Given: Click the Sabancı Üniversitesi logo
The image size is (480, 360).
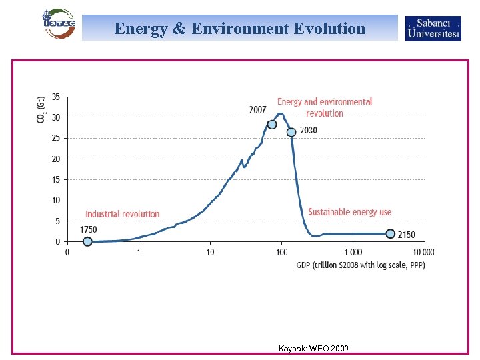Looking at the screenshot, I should [x=433, y=29].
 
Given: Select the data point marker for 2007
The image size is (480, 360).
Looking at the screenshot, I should [x=272, y=124].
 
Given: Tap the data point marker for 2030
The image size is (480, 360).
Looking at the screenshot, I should [x=291, y=132].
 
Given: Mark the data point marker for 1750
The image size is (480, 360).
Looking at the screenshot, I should [x=87, y=241].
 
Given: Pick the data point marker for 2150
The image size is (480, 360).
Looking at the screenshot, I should [x=390, y=234].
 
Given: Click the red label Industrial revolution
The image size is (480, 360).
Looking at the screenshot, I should [x=123, y=214].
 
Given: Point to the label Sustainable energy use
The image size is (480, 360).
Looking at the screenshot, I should [x=349, y=212].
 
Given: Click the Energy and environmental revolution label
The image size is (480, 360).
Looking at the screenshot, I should [x=325, y=107].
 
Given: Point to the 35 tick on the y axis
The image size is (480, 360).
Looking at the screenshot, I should [x=56, y=97].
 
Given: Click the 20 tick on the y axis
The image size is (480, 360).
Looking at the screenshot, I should [x=56, y=159].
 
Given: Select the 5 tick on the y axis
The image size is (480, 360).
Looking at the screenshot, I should [x=57, y=221].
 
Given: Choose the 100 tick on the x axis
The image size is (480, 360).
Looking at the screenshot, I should [x=281, y=253].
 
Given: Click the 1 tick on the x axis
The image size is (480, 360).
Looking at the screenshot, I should [x=139, y=253].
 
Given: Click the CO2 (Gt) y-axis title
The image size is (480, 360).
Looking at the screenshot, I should [x=41, y=109].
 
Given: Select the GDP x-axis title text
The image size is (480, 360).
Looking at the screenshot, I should [x=361, y=265].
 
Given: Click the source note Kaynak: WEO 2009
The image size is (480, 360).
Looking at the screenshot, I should [x=313, y=349].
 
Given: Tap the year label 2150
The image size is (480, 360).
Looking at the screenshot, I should [x=406, y=235].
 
